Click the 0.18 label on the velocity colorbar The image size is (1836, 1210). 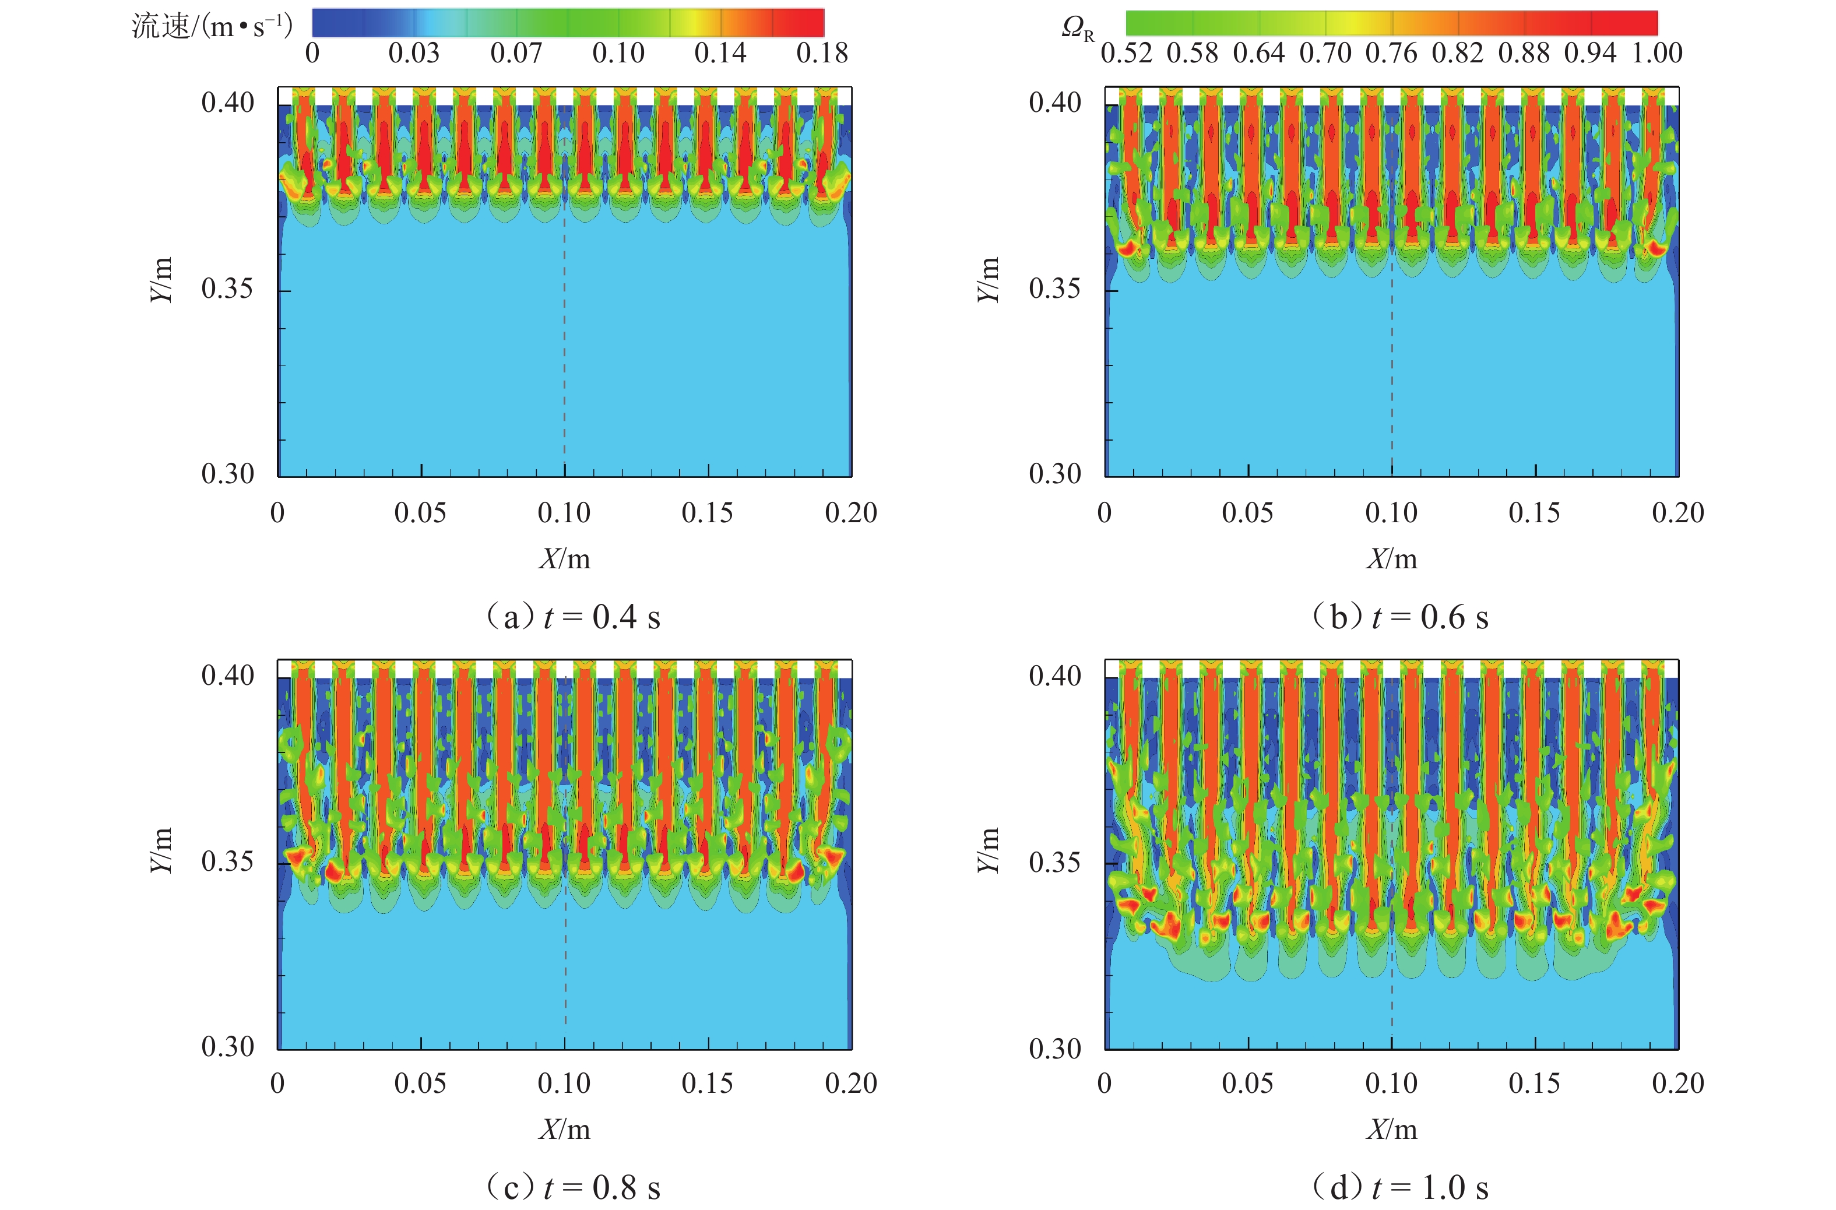pos(822,53)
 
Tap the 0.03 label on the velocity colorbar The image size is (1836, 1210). pos(414,53)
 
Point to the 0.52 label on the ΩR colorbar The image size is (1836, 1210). pos(1126,53)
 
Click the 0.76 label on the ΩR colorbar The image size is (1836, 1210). pos(1391,53)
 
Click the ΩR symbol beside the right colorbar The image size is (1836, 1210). pos(1077,29)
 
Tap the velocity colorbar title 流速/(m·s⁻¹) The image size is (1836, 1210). pos(212,27)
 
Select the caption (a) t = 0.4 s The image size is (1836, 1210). pos(572,617)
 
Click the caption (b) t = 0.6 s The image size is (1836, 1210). pos(1400,617)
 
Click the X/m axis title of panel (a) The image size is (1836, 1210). pos(565,559)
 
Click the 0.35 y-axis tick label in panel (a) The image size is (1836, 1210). pos(227,289)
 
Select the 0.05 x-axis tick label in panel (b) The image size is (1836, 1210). pos(1248,513)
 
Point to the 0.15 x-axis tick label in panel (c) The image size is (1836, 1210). pos(707,1084)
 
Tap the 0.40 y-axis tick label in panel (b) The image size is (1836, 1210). pos(1054,103)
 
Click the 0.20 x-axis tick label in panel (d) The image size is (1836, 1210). pos(1678,1084)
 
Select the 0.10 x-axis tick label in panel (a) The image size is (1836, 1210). pos(564,513)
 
